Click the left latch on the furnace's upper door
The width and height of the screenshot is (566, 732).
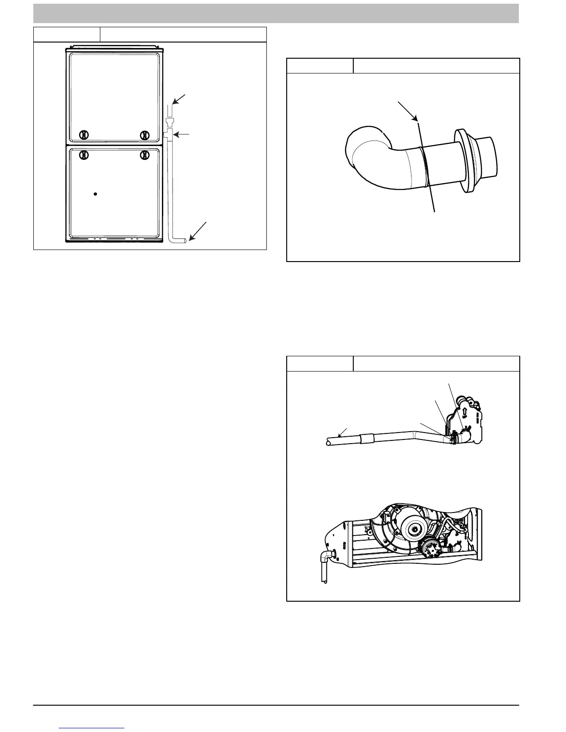click(83, 135)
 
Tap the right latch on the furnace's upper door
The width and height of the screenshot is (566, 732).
click(145, 135)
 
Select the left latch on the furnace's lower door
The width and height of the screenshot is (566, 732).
click(83, 155)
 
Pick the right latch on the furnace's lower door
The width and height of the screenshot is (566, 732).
click(145, 155)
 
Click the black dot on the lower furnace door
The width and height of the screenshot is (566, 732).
click(95, 194)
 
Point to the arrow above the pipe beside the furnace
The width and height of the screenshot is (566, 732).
click(179, 99)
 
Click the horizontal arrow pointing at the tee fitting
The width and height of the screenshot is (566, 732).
click(182, 134)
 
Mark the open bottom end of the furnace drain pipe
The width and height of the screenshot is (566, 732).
click(185, 240)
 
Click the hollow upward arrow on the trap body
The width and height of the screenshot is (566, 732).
click(464, 411)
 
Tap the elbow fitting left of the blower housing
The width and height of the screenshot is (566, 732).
click(326, 555)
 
